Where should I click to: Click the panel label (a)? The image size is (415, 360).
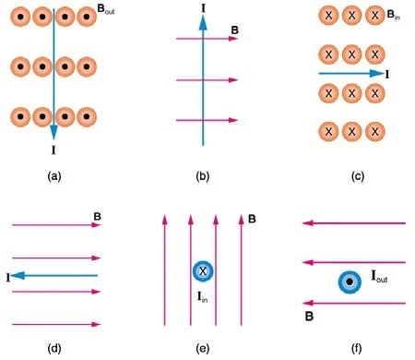(x=54, y=176)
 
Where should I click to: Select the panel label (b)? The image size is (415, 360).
(x=203, y=176)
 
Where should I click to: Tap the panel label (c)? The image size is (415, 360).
(x=358, y=176)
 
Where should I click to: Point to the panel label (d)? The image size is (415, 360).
(x=54, y=348)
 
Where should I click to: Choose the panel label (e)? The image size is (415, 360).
(x=203, y=348)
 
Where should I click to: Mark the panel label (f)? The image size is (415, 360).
(x=357, y=348)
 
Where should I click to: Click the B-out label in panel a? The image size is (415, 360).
(x=106, y=10)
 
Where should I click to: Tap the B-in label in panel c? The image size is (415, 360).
(x=394, y=15)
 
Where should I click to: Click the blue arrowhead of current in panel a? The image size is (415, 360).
(x=53, y=131)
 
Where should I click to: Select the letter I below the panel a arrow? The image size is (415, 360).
(x=53, y=150)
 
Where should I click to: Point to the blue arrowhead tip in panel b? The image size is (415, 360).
(x=203, y=16)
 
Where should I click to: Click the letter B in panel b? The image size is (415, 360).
(x=234, y=30)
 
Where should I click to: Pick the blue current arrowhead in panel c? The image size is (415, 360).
(x=377, y=73)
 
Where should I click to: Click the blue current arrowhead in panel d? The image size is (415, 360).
(x=18, y=275)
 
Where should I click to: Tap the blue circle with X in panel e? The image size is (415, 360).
(x=203, y=271)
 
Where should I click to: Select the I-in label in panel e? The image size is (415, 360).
(x=202, y=297)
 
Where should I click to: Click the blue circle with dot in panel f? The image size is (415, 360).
(x=350, y=282)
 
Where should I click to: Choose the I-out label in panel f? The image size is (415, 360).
(x=379, y=276)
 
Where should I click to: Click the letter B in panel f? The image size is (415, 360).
(x=309, y=317)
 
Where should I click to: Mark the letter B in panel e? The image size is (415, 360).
(x=252, y=219)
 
